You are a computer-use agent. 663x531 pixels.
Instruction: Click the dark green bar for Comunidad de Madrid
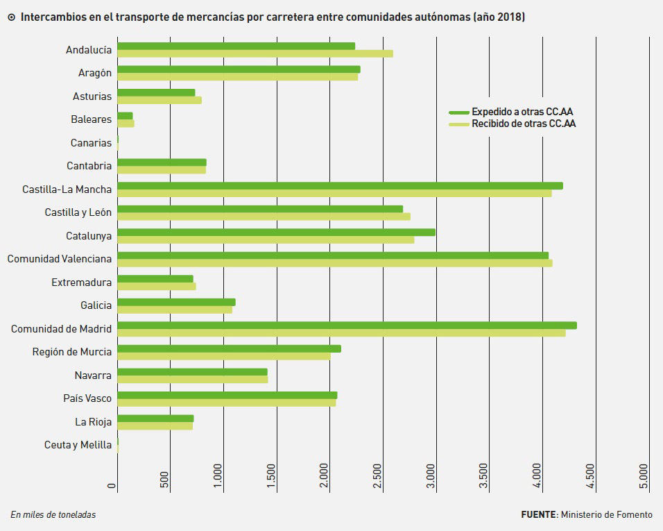click(x=347, y=326)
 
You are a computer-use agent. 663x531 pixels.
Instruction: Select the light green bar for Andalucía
click(x=255, y=53)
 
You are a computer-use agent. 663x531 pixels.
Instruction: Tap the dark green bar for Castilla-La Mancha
click(x=340, y=185)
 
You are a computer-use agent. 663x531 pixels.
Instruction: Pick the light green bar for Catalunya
click(x=266, y=240)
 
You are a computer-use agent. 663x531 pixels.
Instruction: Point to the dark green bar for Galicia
click(x=176, y=302)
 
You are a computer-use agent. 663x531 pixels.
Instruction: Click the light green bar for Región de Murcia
click(x=223, y=356)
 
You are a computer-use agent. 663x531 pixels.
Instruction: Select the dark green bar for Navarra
click(x=192, y=372)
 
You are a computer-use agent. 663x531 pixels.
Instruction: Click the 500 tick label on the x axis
click(x=164, y=480)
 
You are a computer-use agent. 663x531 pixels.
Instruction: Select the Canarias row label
click(x=91, y=143)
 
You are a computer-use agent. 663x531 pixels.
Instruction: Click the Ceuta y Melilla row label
click(x=78, y=445)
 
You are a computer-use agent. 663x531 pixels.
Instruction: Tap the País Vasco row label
click(x=87, y=398)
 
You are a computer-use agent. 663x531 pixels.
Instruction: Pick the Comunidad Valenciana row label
click(x=59, y=259)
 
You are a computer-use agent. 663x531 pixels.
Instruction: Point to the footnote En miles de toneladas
click(x=53, y=514)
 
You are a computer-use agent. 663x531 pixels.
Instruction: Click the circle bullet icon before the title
click(x=11, y=17)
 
